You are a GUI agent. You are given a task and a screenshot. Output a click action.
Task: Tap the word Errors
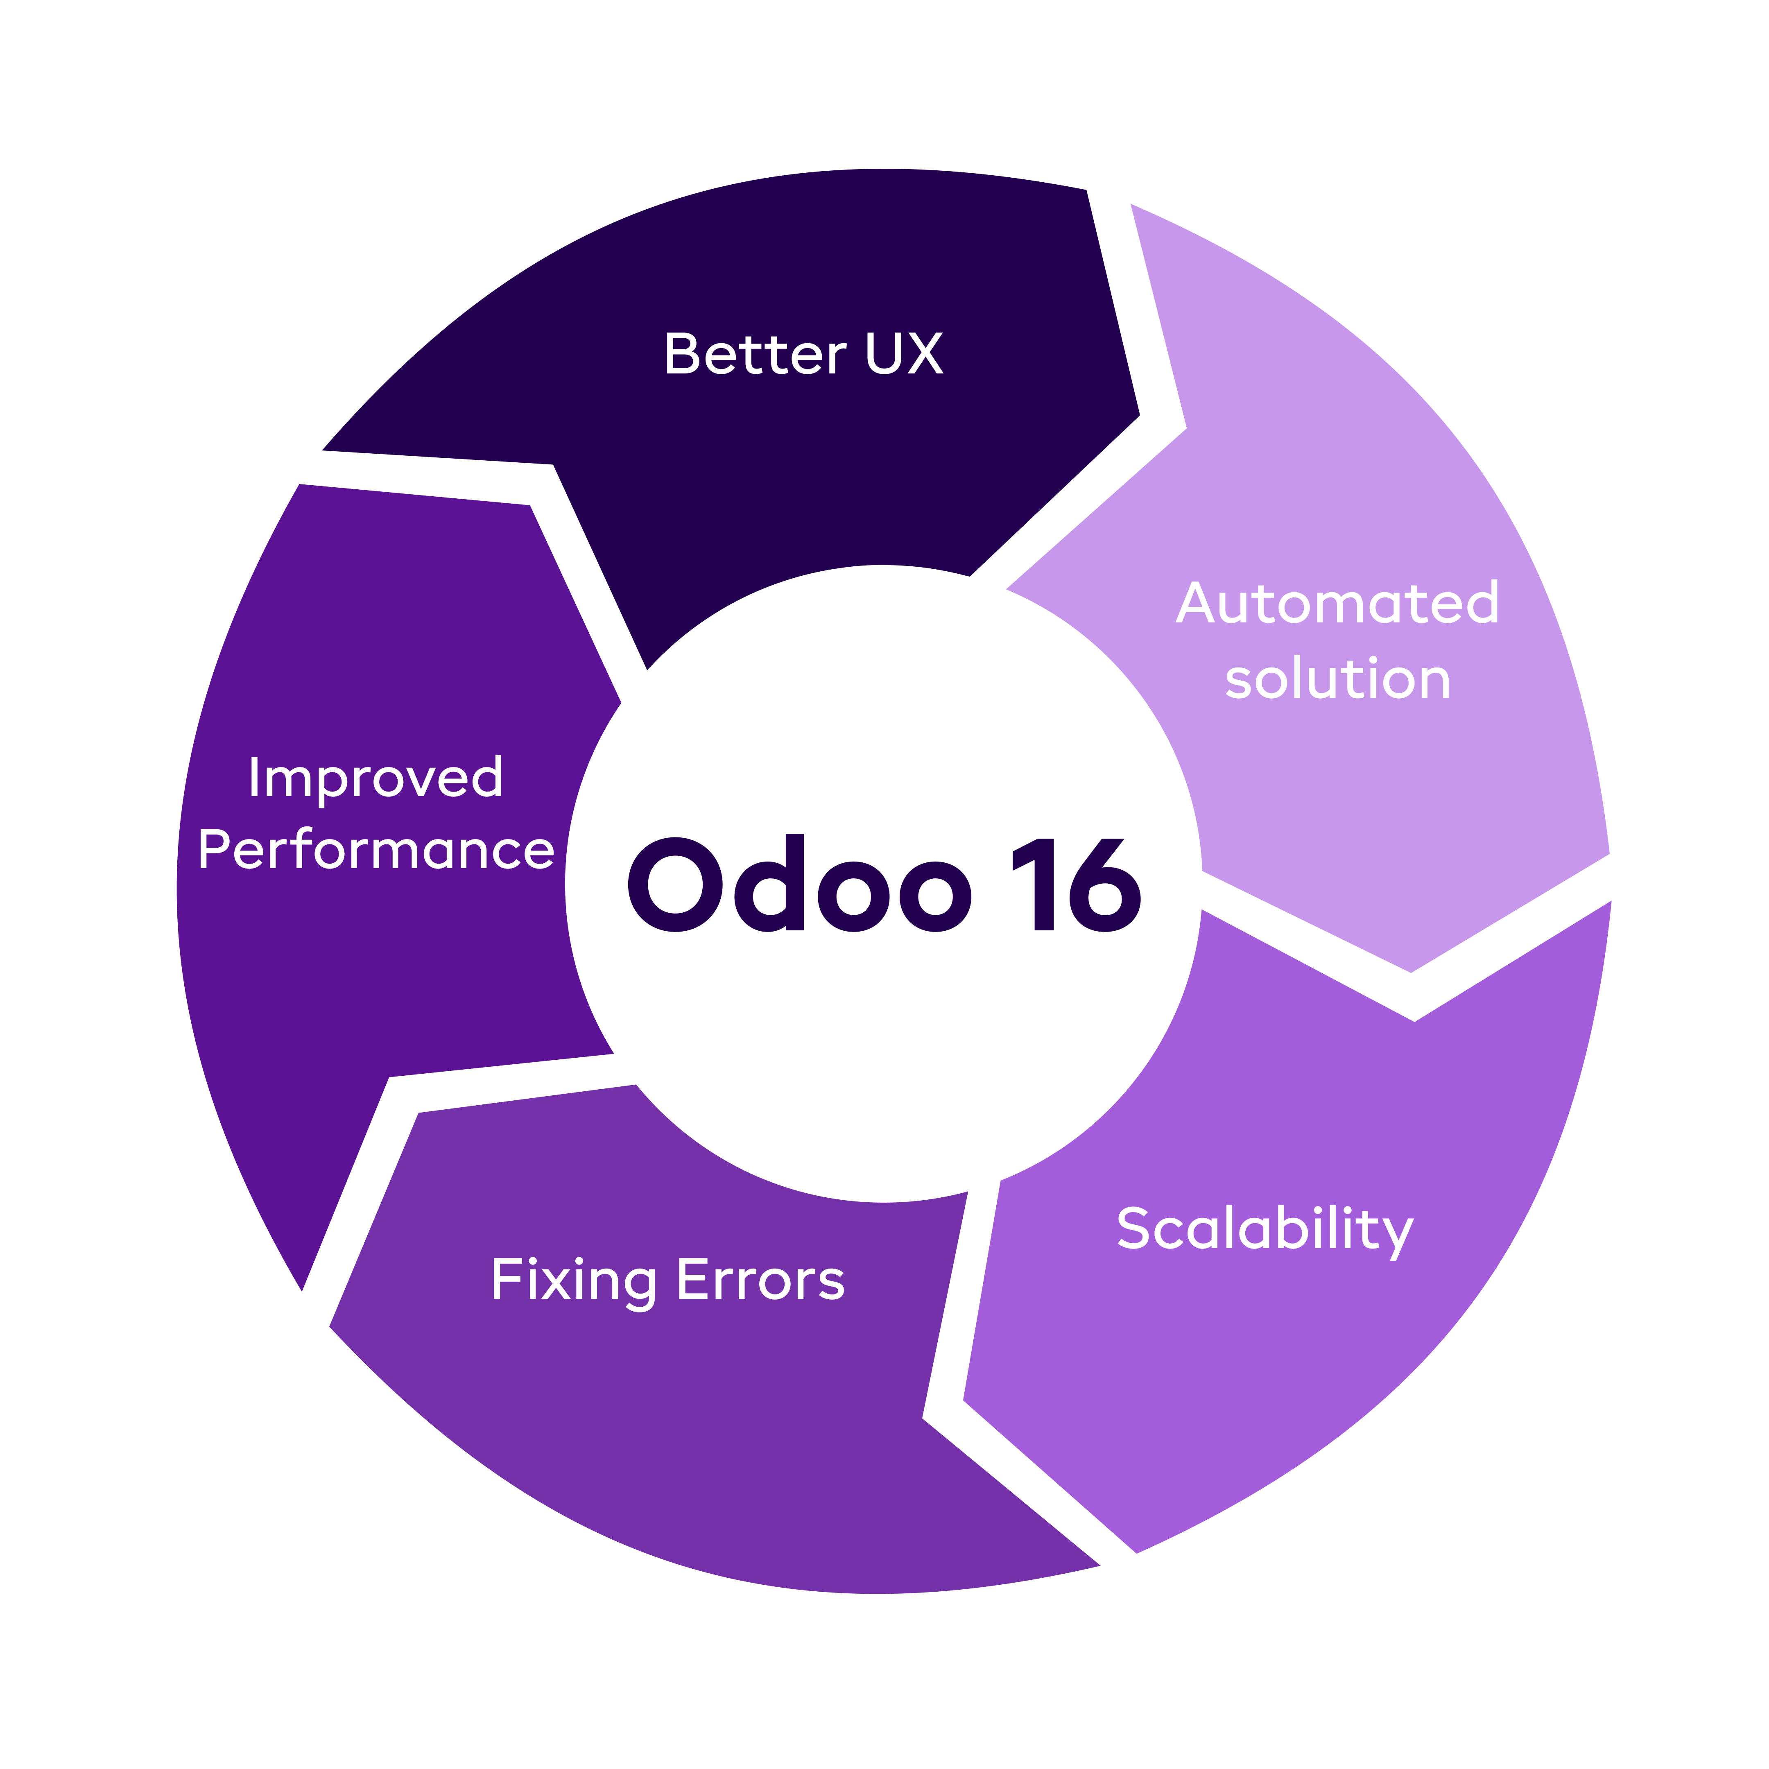[760, 1280]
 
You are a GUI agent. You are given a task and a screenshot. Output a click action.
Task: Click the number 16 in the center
[1076, 884]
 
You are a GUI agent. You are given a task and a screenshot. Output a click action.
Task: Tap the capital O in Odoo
[676, 884]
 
